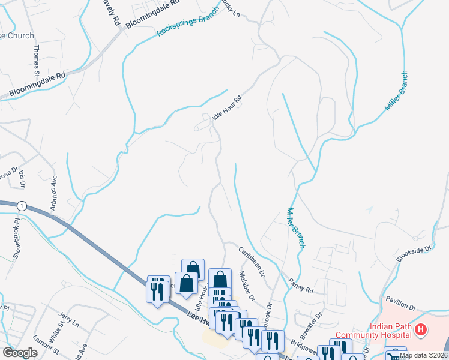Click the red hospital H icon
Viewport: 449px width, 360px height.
421,329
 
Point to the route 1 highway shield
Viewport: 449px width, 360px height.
22,205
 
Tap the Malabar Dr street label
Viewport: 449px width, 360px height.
247,286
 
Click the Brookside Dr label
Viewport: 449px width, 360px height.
414,254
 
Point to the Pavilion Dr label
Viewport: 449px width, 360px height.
400,301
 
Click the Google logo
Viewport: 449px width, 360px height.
20,353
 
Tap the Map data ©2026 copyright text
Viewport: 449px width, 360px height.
423,355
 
